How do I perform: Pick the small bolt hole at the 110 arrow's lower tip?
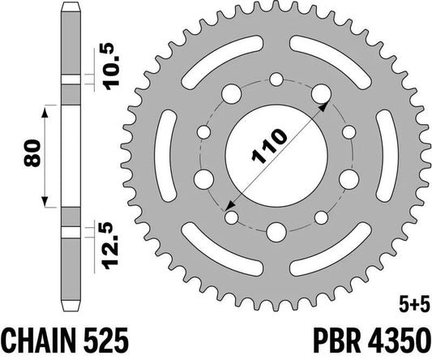pos(233,216)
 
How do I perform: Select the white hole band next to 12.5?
pos(71,230)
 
